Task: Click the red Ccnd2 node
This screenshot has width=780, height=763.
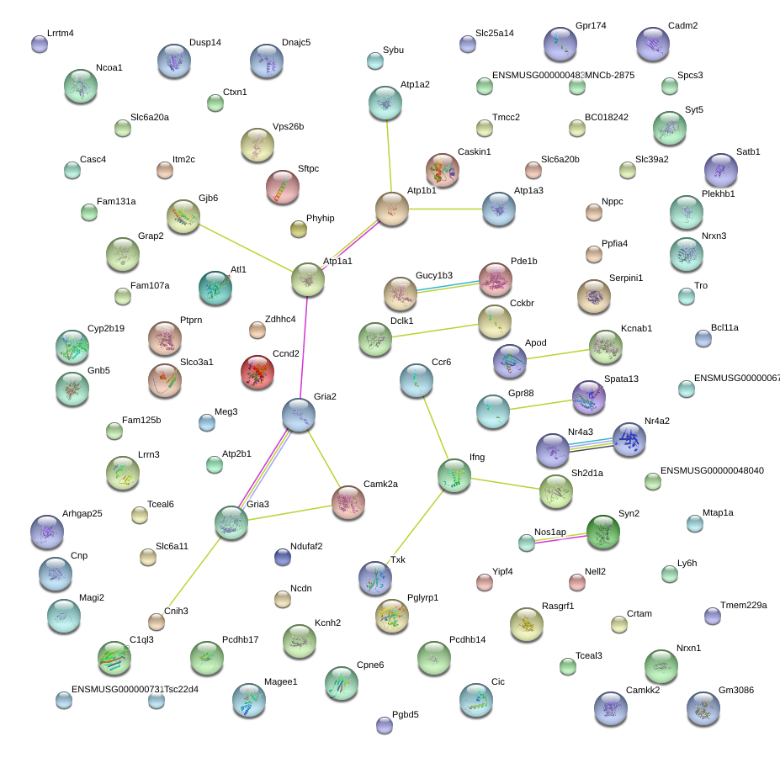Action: (x=257, y=373)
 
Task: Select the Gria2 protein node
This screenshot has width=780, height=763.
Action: (x=299, y=415)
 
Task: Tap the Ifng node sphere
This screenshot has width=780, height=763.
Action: (x=454, y=475)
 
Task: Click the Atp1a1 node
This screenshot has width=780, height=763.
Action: (x=308, y=280)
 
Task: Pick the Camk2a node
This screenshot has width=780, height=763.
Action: (x=348, y=502)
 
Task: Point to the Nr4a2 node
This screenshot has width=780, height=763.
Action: (x=629, y=439)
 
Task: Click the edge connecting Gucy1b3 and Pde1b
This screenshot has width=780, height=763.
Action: (x=448, y=286)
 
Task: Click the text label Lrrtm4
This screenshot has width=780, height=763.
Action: (x=61, y=34)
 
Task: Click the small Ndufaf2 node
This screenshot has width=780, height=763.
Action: (x=283, y=556)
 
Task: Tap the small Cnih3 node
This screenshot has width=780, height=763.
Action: (x=157, y=622)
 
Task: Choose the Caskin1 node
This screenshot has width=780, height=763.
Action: (x=443, y=170)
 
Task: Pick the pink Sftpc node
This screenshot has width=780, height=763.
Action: (x=283, y=188)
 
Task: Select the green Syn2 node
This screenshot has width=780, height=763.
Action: (x=602, y=533)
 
